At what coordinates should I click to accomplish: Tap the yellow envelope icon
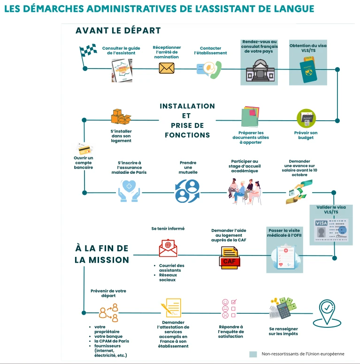point(166,68)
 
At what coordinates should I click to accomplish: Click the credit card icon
point(84,149)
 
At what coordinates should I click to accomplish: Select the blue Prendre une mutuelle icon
point(188,190)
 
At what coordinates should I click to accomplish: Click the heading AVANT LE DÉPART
point(118,31)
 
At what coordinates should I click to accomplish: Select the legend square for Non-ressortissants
point(253,354)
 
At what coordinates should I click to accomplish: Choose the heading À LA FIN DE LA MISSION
point(102,254)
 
